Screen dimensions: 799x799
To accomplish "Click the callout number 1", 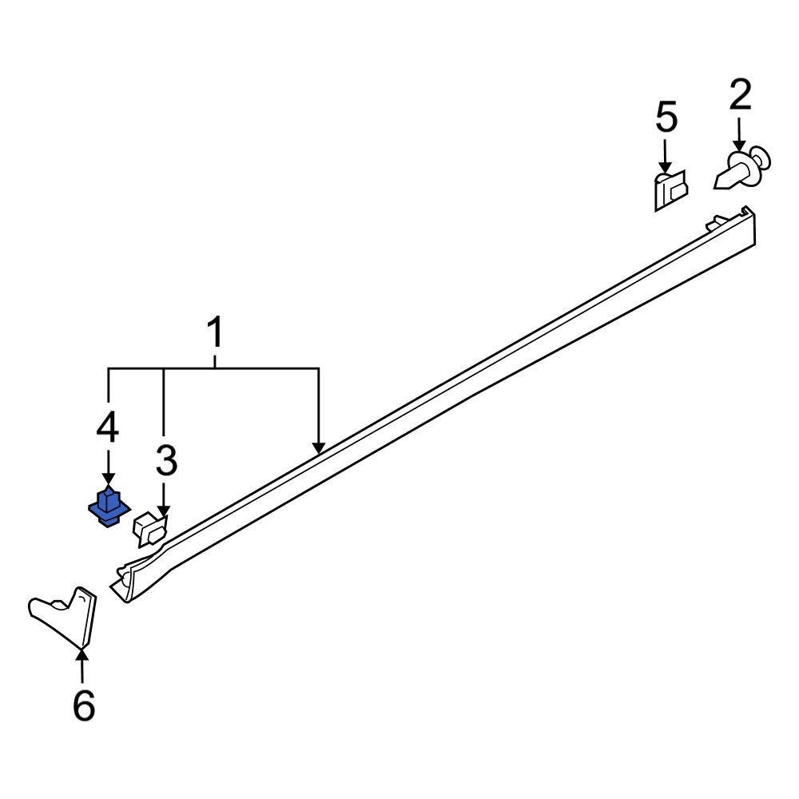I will pyautogui.click(x=214, y=333).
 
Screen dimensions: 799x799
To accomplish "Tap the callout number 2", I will pyautogui.click(x=740, y=96).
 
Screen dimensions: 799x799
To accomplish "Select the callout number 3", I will pyautogui.click(x=165, y=461).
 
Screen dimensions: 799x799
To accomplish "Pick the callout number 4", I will pyautogui.click(x=107, y=428).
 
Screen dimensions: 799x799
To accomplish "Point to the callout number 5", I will pyautogui.click(x=666, y=117).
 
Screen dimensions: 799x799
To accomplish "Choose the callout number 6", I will pyautogui.click(x=83, y=706).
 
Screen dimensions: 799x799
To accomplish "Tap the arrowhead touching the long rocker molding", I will pyautogui.click(x=319, y=448).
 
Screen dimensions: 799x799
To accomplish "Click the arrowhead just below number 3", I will pyautogui.click(x=164, y=512).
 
